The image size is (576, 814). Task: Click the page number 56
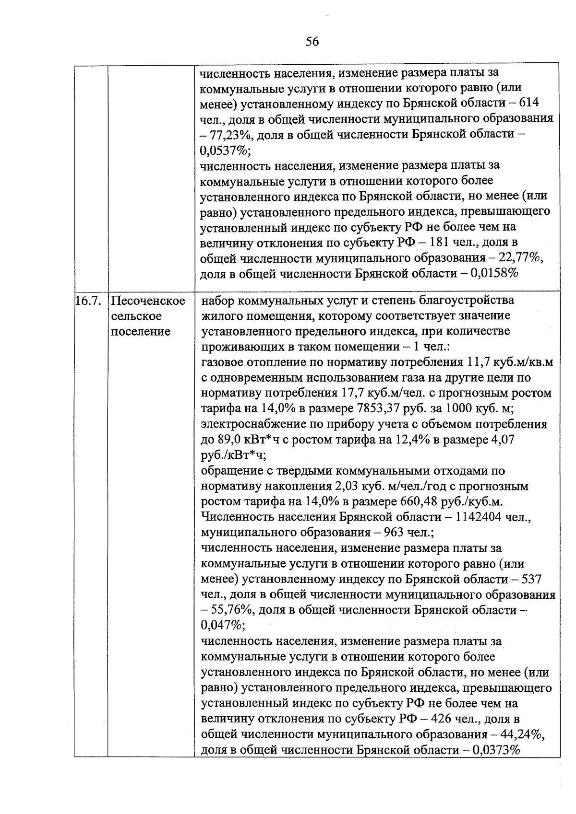click(312, 42)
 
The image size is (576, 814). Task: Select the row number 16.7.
click(87, 301)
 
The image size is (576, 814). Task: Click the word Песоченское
click(148, 301)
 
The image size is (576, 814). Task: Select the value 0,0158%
click(495, 274)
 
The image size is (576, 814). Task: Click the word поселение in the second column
click(140, 331)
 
